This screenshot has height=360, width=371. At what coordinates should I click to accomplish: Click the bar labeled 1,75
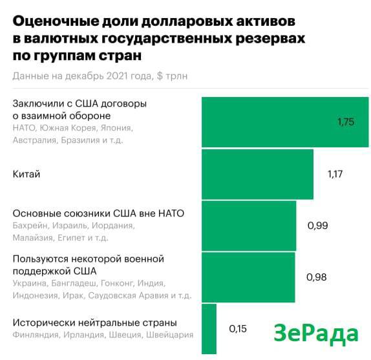coord(285,122)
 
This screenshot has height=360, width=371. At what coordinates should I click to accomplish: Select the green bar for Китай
coord(257,174)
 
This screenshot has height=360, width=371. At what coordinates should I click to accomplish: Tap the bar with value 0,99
coord(249,226)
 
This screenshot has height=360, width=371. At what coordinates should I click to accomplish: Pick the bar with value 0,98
coord(248,277)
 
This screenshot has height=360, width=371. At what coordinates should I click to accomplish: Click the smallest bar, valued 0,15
coord(209,329)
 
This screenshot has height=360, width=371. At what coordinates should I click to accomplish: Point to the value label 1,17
coord(335,175)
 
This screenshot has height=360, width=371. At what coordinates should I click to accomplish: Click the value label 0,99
coord(317,226)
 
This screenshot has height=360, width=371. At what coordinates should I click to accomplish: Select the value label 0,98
coord(316,277)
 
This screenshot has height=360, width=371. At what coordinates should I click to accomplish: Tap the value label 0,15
coord(238,329)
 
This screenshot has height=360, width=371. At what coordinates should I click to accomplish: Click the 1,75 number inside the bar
coord(346,122)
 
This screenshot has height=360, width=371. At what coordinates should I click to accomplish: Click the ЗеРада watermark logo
coord(316,334)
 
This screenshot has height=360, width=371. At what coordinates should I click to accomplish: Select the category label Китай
coord(26,175)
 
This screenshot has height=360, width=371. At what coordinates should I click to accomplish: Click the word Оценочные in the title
coord(56,21)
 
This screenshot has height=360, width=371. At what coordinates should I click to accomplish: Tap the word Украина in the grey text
coord(30,283)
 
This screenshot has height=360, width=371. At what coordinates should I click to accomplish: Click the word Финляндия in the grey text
coord(36,335)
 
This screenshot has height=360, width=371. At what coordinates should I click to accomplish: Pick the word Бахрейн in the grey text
coord(30,226)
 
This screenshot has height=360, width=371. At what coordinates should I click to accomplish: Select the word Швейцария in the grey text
coord(169,335)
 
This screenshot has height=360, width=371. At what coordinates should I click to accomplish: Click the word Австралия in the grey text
coord(34,140)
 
